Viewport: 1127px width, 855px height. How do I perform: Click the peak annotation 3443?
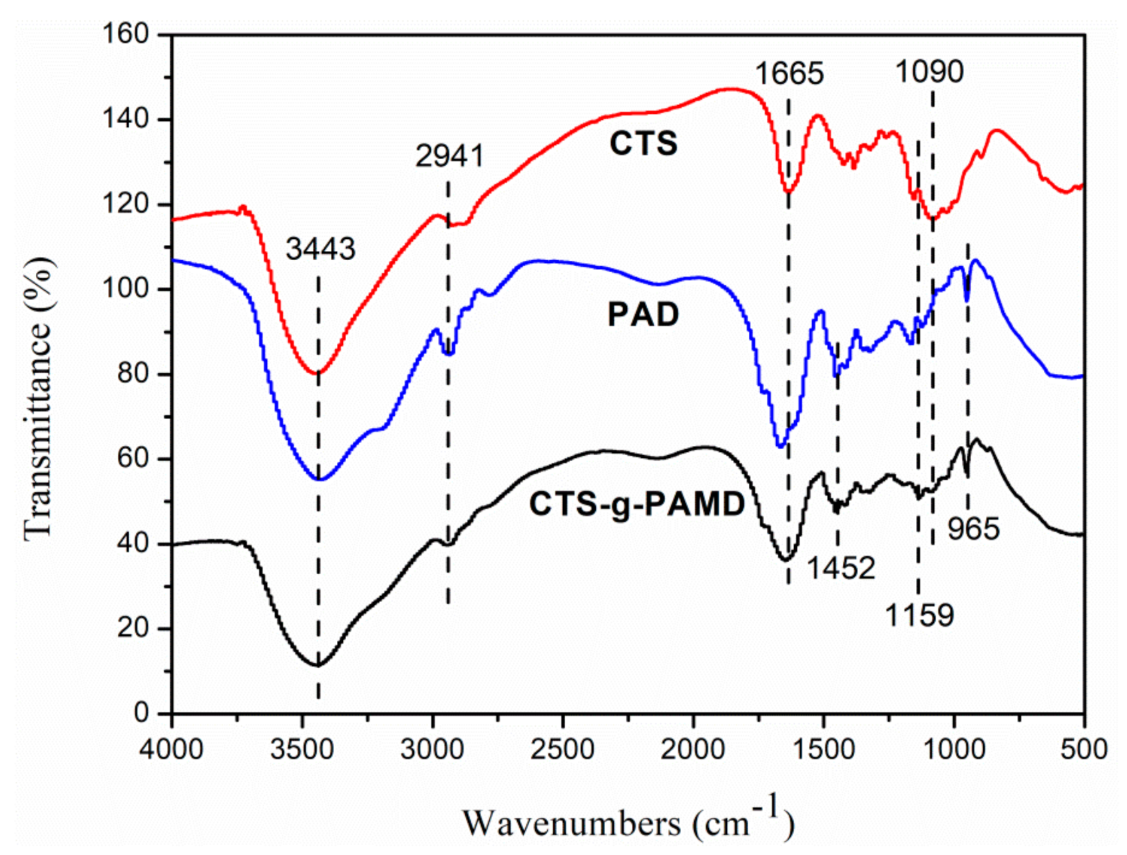coord(321,249)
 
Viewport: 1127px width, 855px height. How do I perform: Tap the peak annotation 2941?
coord(449,156)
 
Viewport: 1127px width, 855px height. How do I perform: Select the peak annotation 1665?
coord(789,73)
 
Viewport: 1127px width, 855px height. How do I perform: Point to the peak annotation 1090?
coord(929,71)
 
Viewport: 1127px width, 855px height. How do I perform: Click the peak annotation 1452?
coord(841,568)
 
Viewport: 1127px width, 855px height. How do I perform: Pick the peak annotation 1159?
coord(919,615)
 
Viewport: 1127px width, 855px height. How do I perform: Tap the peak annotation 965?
coord(974,529)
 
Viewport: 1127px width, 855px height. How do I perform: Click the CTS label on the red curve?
coord(643,144)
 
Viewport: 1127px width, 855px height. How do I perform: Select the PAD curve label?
coord(643,314)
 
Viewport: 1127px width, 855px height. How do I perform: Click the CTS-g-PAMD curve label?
coord(636,504)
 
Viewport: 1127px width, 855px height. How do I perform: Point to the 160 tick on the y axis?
coord(126,34)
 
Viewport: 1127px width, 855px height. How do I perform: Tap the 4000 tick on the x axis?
coord(172,750)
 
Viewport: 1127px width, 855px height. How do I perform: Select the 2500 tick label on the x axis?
coord(563,750)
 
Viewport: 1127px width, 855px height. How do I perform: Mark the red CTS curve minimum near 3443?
coord(318,373)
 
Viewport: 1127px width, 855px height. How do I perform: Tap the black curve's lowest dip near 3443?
coord(318,665)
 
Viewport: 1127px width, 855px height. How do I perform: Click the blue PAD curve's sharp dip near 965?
coord(967,300)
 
